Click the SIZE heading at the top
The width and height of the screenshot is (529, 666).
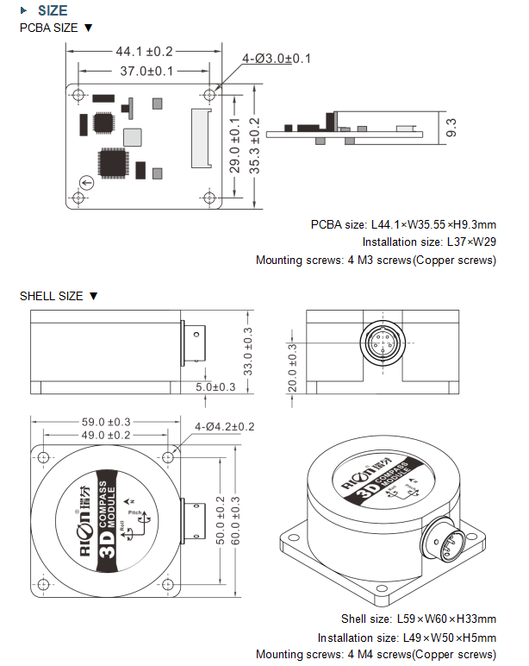pos(53,10)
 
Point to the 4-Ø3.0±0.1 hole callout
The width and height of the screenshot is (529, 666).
pos(277,58)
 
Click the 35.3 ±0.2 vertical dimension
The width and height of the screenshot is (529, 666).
pos(254,145)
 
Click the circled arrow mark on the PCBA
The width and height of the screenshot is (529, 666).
pos(86,182)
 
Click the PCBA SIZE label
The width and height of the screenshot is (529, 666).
pos(56,28)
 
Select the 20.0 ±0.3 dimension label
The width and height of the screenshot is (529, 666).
pos(291,368)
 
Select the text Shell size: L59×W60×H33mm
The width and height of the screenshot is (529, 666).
pos(419,619)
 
